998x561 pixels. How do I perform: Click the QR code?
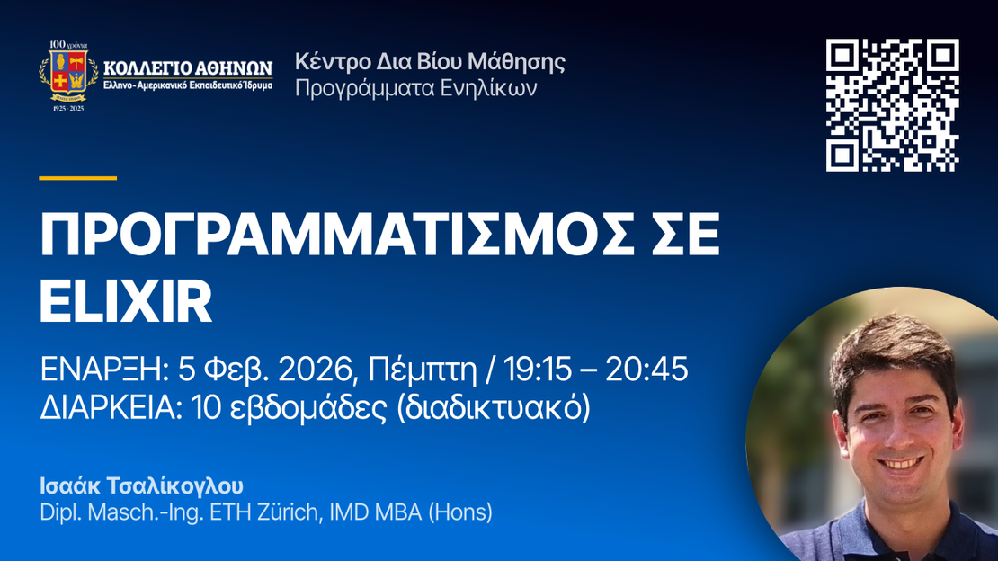892,105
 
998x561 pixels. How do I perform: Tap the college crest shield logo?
68,74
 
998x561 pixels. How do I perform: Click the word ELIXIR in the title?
126,301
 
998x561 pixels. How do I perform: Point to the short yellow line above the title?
77,178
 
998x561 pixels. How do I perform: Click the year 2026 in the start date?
315,370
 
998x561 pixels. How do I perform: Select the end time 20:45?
646,370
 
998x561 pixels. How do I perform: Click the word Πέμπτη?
423,370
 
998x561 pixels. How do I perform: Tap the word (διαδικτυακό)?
494,408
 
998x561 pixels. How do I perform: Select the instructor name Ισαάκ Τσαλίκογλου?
141,485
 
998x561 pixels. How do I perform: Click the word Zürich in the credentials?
293,512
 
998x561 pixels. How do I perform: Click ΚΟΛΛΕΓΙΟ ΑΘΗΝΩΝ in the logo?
188,67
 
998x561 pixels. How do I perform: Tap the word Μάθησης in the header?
516,62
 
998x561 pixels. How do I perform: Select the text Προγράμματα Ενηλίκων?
416,88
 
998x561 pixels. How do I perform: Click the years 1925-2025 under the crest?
68,108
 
